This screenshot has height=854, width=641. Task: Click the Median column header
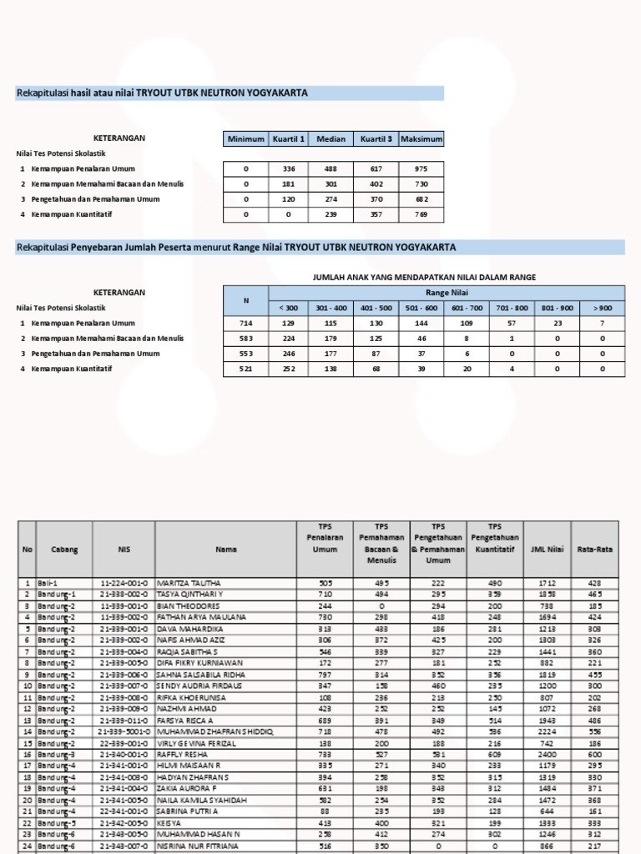[x=331, y=139]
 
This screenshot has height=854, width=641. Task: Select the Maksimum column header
[x=421, y=139]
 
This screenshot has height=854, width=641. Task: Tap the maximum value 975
[x=421, y=168]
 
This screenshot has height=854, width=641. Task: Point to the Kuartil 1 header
[x=289, y=139]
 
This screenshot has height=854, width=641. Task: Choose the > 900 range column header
[x=602, y=308]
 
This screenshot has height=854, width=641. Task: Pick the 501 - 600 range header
[x=421, y=308]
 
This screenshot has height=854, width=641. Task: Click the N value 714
[x=246, y=323]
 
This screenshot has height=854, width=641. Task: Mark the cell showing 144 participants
[x=421, y=323]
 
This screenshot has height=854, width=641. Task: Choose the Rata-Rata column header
[x=594, y=550]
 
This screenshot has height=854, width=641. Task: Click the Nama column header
[x=226, y=550]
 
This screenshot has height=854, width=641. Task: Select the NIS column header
[x=124, y=550]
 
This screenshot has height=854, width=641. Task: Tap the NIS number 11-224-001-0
[x=124, y=583]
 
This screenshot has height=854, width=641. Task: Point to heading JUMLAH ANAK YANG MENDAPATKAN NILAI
[x=423, y=277]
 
